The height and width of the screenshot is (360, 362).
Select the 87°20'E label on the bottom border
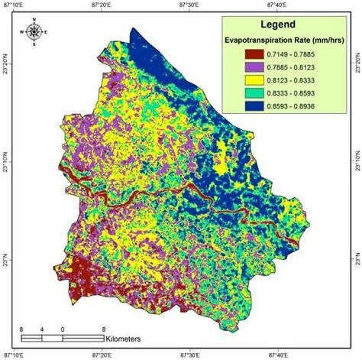point(102,355)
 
